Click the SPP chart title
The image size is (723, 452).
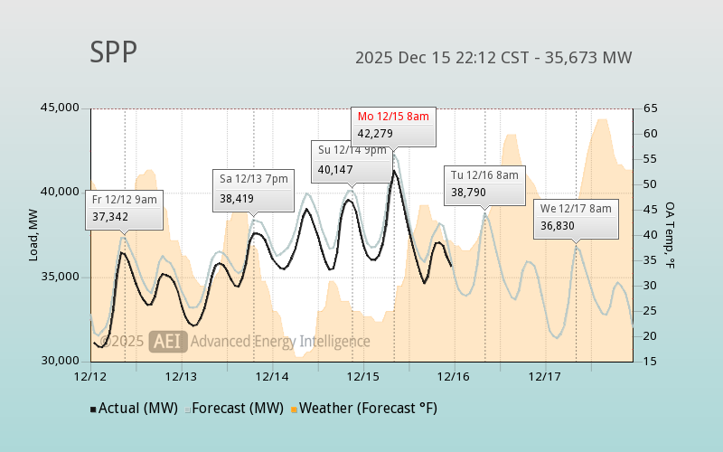(x=114, y=53)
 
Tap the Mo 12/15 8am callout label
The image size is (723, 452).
(x=393, y=126)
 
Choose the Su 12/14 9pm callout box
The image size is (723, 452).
(x=352, y=159)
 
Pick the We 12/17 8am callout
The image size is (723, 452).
(x=577, y=217)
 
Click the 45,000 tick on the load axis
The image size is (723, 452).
(x=60, y=108)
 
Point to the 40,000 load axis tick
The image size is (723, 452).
(x=60, y=193)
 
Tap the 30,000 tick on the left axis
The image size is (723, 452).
(x=60, y=361)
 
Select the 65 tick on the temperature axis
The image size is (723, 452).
(x=651, y=108)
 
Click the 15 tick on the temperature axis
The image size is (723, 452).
(x=651, y=361)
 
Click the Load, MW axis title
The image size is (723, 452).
(x=33, y=235)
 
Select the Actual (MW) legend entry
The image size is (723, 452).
(x=132, y=409)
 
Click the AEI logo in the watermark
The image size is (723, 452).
(x=169, y=341)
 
